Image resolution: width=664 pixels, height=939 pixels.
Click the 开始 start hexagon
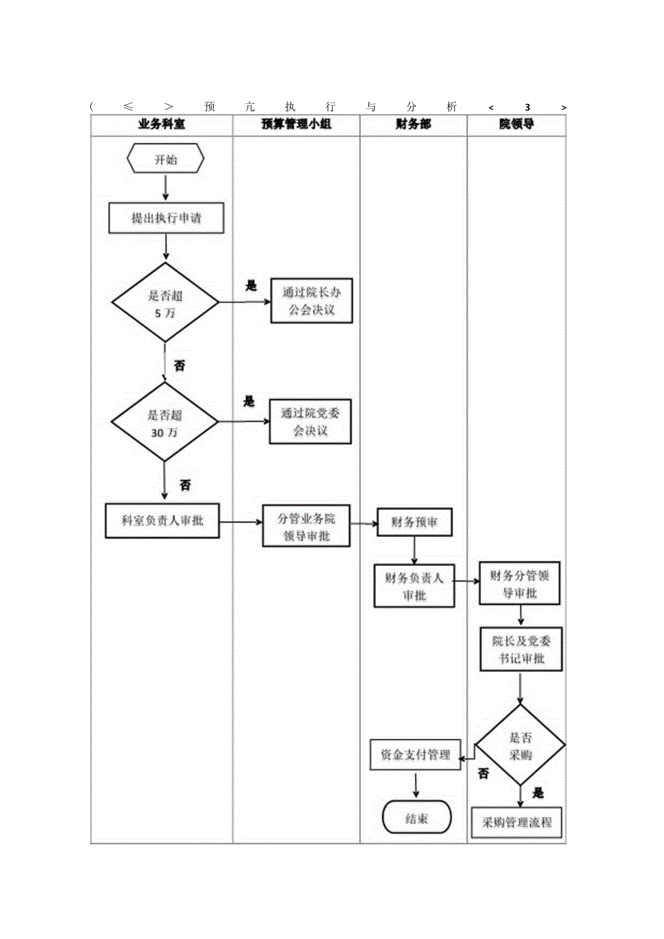pyautogui.click(x=165, y=160)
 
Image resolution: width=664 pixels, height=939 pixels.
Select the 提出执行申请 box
pyautogui.click(x=166, y=218)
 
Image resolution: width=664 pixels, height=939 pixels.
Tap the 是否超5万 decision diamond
pyautogui.click(x=165, y=302)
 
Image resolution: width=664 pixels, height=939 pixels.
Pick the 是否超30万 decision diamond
pyautogui.click(x=165, y=422)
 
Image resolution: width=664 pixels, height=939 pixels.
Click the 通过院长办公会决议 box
pyautogui.click(x=310, y=301)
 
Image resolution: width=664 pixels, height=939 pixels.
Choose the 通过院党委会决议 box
pyautogui.click(x=310, y=422)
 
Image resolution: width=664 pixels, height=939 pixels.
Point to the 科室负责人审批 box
pyautogui.click(x=163, y=521)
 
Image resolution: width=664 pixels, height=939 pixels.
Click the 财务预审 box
pyautogui.click(x=414, y=523)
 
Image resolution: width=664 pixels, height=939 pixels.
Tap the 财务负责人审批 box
pyautogui.click(x=414, y=586)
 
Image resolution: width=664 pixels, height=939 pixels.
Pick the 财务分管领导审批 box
pyautogui.click(x=520, y=584)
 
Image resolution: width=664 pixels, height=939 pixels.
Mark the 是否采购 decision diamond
pyautogui.click(x=520, y=746)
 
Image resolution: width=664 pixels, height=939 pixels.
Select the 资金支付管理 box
pyautogui.click(x=415, y=754)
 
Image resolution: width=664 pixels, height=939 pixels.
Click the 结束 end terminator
pyautogui.click(x=416, y=818)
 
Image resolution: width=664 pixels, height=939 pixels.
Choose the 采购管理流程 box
pyautogui.click(x=516, y=821)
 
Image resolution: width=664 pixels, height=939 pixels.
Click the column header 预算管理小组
pyautogui.click(x=296, y=125)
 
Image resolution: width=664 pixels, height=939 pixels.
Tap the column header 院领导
pyautogui.click(x=517, y=125)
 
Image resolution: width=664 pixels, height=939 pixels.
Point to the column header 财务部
pyautogui.click(x=414, y=125)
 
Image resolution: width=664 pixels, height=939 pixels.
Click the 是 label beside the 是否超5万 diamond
pyautogui.click(x=250, y=286)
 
